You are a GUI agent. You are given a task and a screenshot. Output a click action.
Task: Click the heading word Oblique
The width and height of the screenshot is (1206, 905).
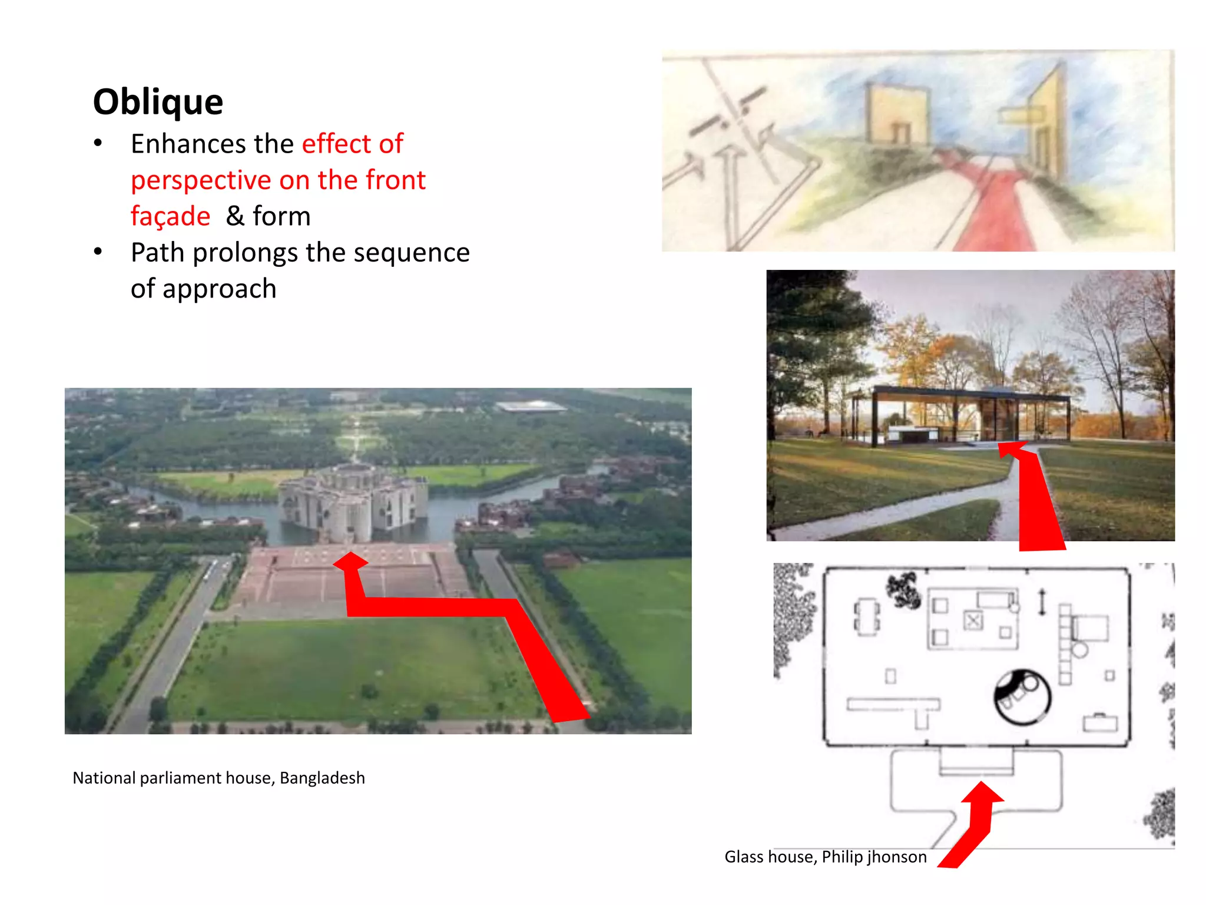point(158,102)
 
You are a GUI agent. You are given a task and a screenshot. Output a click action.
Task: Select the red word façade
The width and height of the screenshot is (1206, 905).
point(170,216)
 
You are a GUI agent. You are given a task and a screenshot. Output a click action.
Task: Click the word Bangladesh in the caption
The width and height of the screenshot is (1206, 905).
point(322,778)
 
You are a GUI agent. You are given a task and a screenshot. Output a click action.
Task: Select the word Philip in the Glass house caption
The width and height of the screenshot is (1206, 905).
point(842,857)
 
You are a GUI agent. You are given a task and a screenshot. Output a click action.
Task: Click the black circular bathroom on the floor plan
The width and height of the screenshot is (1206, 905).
point(1022,698)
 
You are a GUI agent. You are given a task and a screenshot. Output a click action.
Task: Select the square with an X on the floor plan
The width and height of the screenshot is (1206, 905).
point(973,620)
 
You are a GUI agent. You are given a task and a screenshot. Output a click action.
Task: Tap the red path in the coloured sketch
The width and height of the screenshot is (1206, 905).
point(995,212)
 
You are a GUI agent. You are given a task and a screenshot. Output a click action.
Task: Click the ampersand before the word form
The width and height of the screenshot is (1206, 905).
point(235,216)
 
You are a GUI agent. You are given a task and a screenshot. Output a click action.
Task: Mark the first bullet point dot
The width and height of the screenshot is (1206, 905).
point(98,143)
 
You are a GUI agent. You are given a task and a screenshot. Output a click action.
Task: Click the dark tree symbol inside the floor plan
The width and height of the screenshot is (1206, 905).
point(903,589)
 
